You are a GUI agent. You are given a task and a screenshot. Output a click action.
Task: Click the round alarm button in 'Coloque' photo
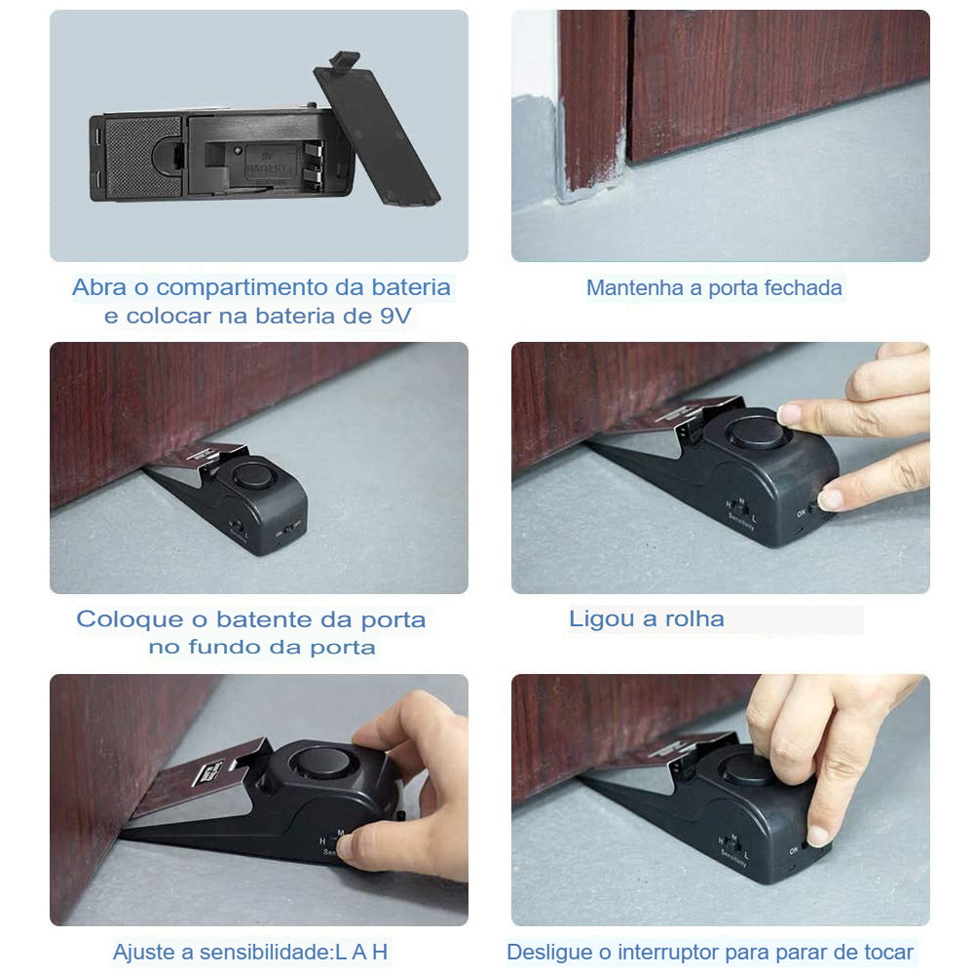click(x=252, y=476)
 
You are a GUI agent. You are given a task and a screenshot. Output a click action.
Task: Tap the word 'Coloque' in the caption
click(x=129, y=620)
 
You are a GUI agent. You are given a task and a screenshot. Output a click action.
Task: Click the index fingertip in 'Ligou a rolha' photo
click(x=791, y=413)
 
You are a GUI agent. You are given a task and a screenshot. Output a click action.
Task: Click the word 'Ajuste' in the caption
click(x=141, y=953)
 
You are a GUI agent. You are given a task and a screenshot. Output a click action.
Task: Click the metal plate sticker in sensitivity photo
click(x=212, y=775)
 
